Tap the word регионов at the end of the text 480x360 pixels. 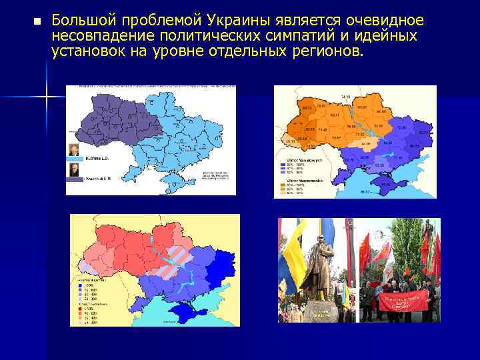coord(327,51)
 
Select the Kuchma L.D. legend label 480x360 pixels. coord(98,159)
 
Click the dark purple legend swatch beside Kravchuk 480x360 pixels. coord(75,180)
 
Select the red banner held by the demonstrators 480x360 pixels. coord(403,300)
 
